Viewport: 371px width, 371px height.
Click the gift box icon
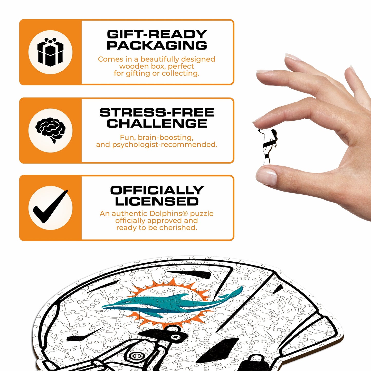click(50, 52)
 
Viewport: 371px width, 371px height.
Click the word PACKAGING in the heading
click(157, 45)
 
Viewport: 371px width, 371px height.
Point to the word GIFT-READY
click(157, 34)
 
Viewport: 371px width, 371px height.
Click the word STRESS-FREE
click(157, 112)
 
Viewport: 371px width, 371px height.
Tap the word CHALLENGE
click(157, 123)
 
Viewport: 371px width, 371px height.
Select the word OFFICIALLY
click(157, 191)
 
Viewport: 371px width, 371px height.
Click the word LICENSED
click(157, 202)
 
